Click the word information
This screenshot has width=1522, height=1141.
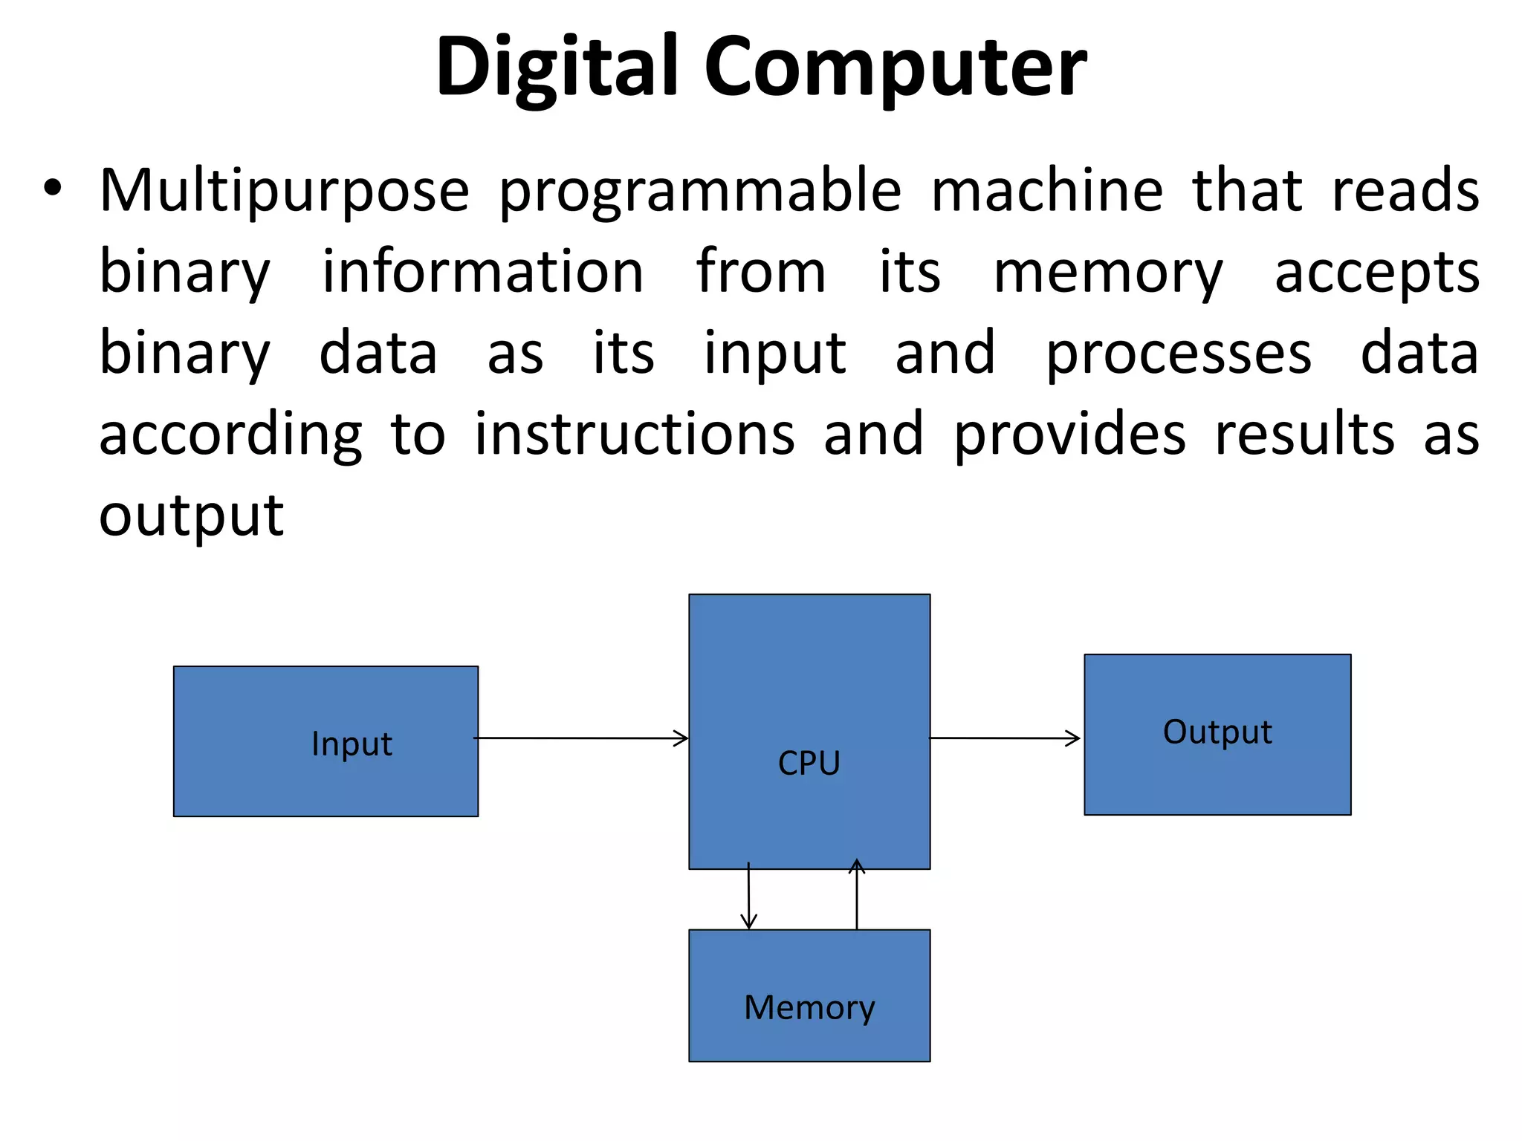tap(482, 272)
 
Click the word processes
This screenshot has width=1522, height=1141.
tap(1179, 354)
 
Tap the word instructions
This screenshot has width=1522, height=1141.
tap(635, 434)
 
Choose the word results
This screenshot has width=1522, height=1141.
tap(1305, 434)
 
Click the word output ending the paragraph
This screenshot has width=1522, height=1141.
tap(191, 516)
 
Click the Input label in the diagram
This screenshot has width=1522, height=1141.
tap(352, 744)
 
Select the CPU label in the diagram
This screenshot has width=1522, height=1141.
tap(809, 763)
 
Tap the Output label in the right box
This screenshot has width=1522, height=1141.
tap(1217, 732)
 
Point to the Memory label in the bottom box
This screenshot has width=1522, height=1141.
tap(809, 1008)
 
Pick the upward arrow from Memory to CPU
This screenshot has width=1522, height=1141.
tap(857, 894)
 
